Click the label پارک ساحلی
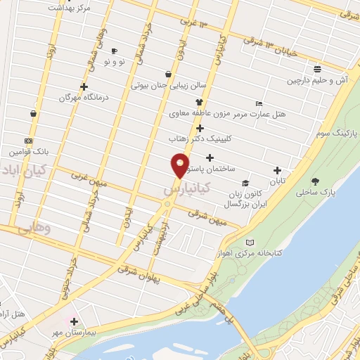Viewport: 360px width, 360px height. [x=314, y=191]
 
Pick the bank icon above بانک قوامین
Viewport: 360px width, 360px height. [x=27, y=141]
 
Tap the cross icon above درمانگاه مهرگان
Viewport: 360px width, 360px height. [x=84, y=87]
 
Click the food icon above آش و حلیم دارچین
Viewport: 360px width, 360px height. [x=318, y=70]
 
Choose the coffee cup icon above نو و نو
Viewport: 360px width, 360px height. [x=114, y=51]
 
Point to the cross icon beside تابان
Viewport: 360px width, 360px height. [x=277, y=170]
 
